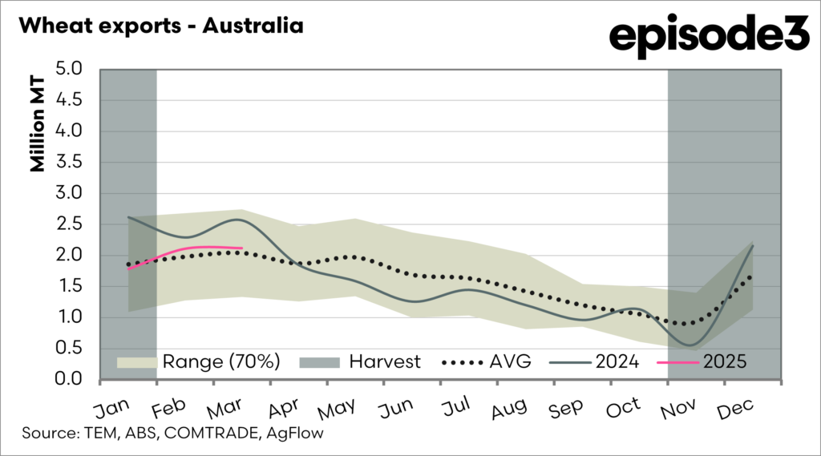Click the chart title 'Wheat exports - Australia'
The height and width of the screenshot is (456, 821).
tap(160, 26)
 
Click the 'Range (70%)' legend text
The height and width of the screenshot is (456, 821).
tap(221, 361)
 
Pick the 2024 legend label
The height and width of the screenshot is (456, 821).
tap(617, 361)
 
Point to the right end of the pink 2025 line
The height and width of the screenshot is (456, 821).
tap(242, 248)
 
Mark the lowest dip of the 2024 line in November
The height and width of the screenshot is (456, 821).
tap(690, 345)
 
